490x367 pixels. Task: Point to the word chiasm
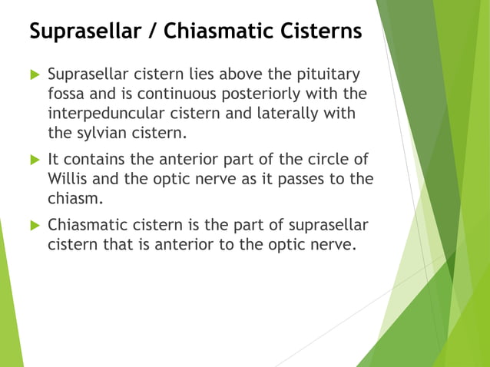pos(71,198)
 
